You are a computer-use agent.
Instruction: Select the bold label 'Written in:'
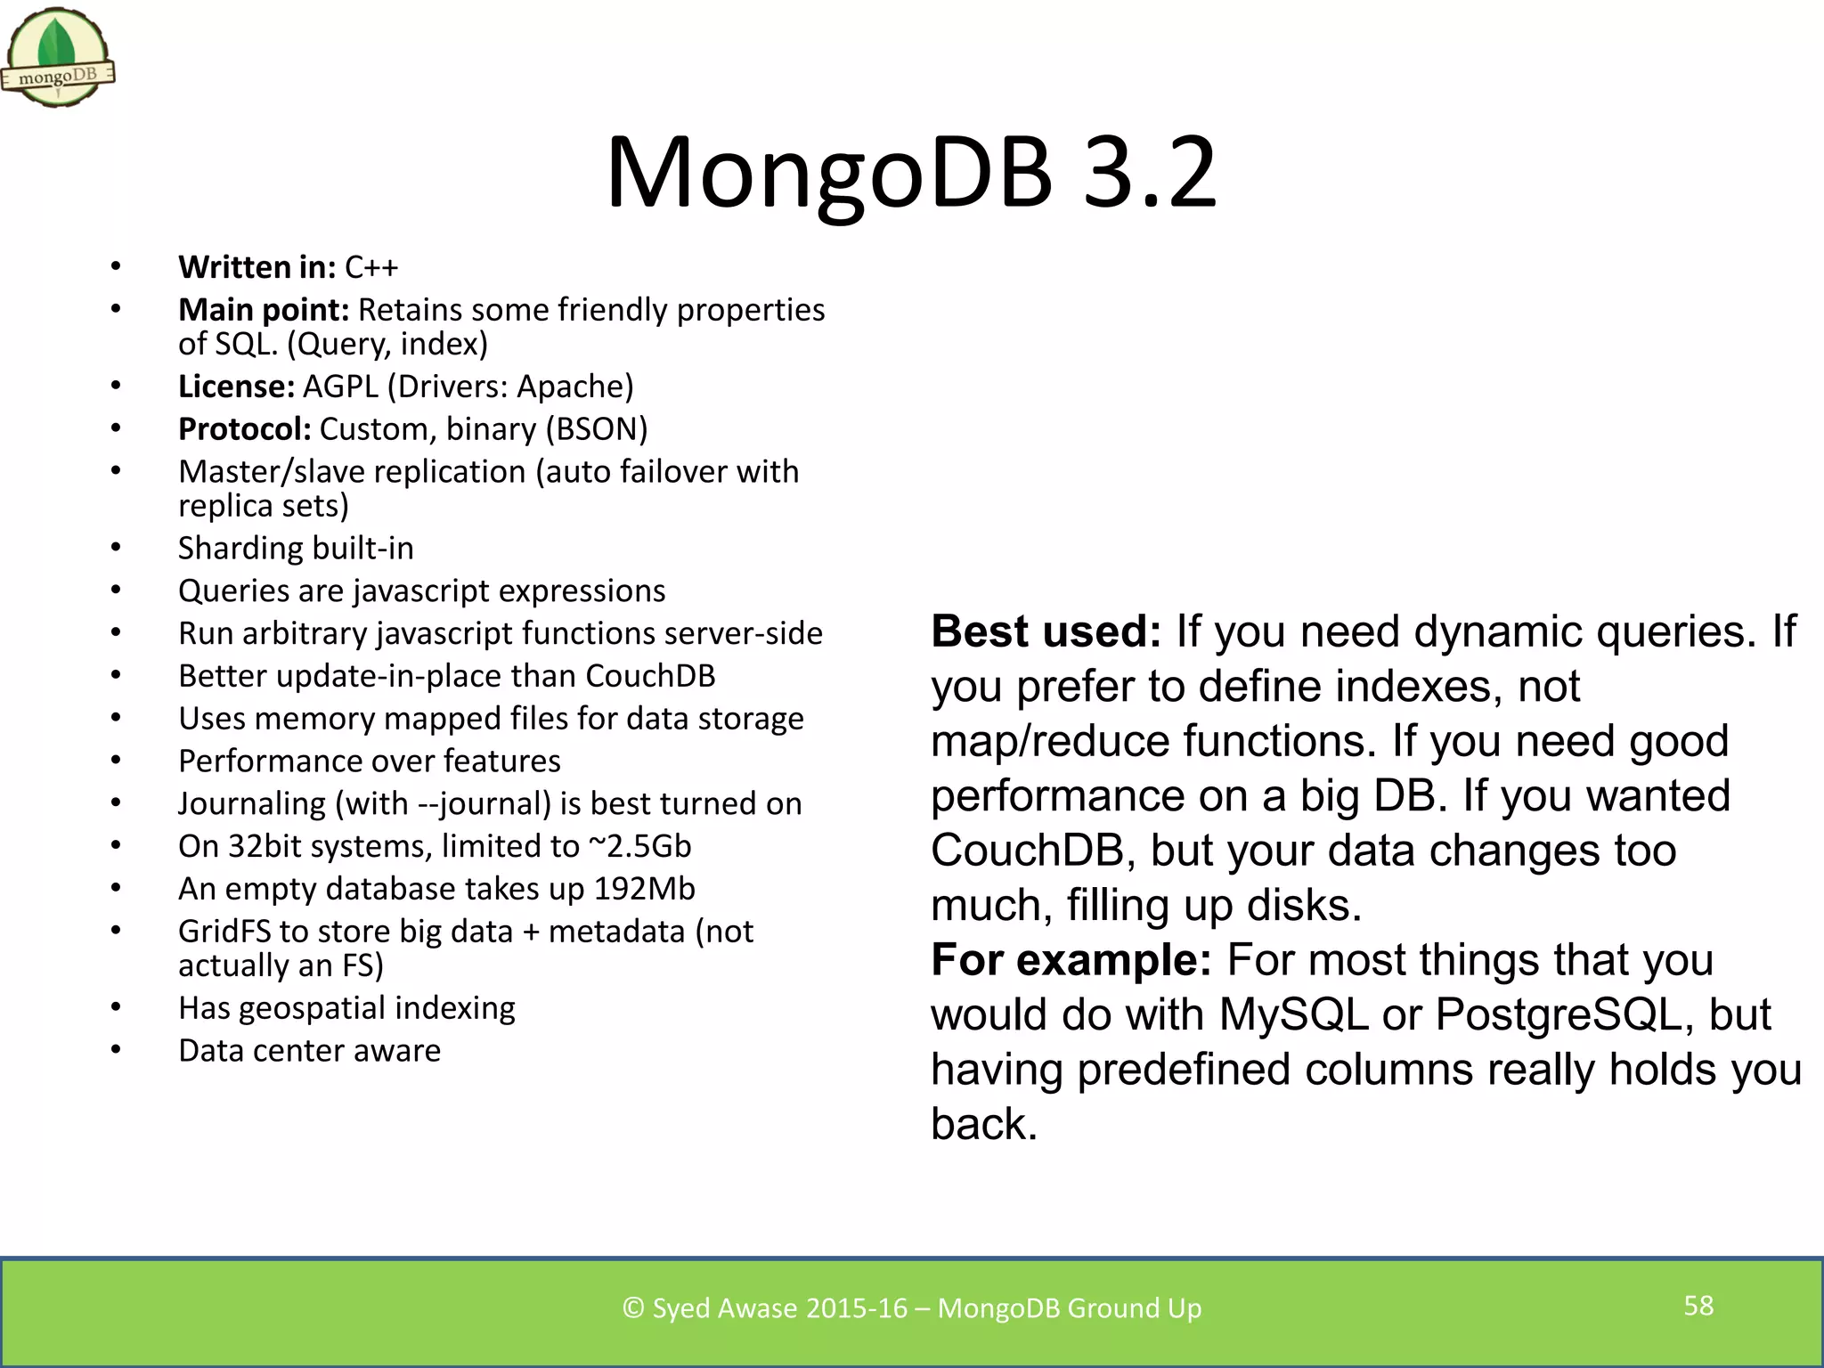pos(256,267)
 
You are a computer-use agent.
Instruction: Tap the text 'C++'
pos(371,267)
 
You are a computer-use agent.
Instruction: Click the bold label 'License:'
pos(236,387)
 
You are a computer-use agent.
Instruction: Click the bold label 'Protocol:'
pos(244,429)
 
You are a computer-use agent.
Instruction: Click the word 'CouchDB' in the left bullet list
pos(650,676)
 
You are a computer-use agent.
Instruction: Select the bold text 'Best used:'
pos(1046,631)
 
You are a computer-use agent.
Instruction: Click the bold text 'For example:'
pos(1071,960)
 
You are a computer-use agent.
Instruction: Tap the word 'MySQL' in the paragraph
pos(1293,1015)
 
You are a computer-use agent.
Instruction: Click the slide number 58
pos(1698,1306)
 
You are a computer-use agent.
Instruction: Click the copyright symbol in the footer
pos(632,1308)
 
